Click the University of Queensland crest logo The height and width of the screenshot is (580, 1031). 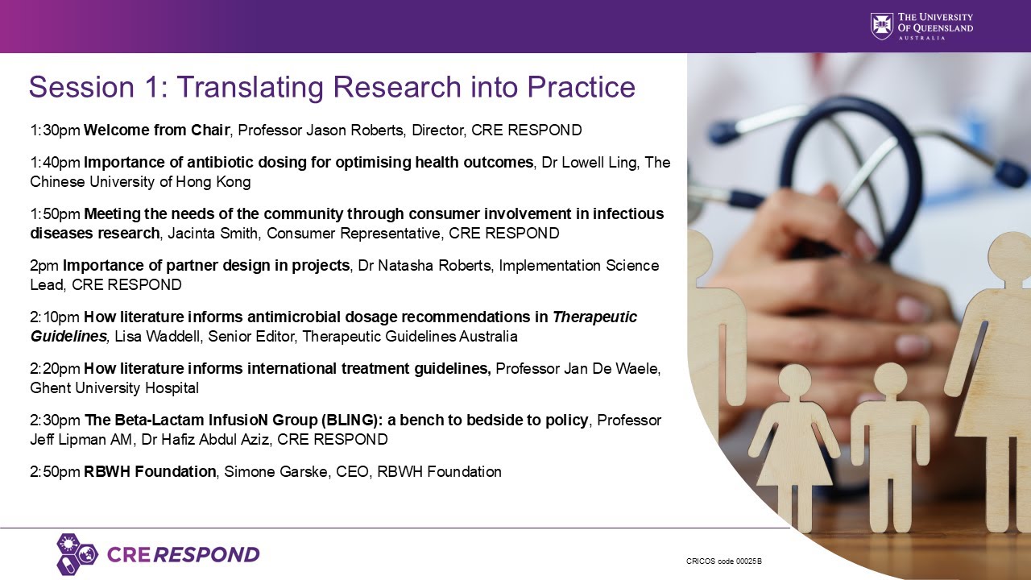point(881,27)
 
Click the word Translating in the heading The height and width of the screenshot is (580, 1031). point(250,86)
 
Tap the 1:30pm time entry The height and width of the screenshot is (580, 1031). point(56,130)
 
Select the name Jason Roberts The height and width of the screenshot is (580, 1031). point(354,130)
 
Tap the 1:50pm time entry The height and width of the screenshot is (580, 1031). point(56,214)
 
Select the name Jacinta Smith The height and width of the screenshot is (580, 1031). point(213,234)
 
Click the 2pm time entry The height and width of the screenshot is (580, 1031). point(44,266)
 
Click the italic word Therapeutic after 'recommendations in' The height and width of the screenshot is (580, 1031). point(594,317)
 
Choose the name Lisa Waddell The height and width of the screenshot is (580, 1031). point(158,337)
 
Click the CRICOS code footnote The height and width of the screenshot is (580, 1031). point(723,561)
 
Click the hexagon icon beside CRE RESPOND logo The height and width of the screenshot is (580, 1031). point(77,554)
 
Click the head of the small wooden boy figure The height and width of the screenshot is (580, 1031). point(892,379)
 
